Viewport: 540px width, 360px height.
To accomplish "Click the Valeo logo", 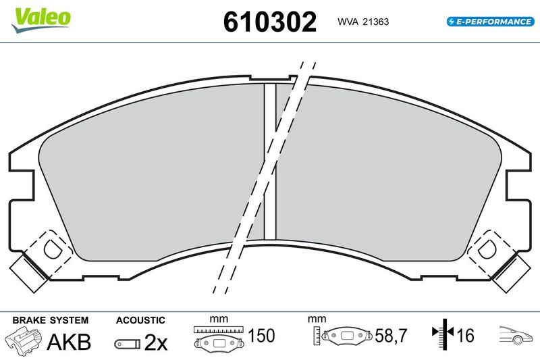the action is click(x=40, y=20).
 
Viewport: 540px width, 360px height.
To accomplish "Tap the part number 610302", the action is click(x=269, y=22).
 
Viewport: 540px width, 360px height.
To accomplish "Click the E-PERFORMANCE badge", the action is click(x=491, y=22).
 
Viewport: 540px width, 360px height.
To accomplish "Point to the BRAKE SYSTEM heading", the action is click(x=50, y=320).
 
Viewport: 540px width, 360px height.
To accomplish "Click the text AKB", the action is click(x=69, y=342).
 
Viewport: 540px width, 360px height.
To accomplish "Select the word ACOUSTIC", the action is click(x=140, y=320).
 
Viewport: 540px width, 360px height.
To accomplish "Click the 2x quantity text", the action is click(x=156, y=342).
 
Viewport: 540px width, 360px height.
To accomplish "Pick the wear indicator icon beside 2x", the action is click(x=128, y=344).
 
